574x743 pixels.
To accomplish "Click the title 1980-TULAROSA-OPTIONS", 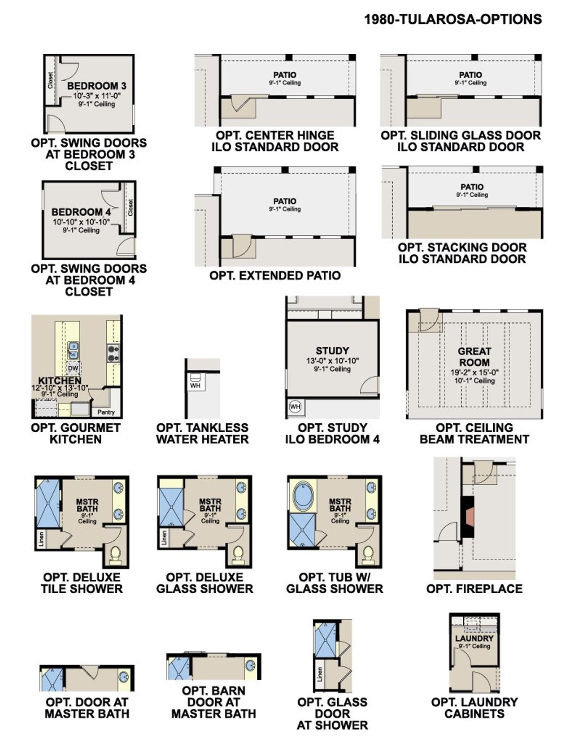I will point(452,19).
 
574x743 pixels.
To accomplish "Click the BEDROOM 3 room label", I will point(97,86).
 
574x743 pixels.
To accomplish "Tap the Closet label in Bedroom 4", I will point(130,207).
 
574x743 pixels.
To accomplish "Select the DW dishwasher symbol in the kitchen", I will point(73,369).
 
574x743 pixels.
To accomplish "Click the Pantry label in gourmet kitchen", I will point(106,412).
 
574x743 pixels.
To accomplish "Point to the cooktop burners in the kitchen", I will point(113,353).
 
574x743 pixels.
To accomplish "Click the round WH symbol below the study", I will point(295,407).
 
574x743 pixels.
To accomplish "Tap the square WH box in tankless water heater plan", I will point(195,385).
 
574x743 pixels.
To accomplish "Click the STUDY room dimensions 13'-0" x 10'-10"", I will point(332,361).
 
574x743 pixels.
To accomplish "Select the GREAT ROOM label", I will point(474,357).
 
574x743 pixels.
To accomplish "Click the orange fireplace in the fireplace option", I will point(469,517).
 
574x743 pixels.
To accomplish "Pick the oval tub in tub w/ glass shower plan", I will point(304,496).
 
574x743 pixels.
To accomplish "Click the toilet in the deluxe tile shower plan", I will point(116,554).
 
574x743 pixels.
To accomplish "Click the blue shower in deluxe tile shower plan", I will point(48,504).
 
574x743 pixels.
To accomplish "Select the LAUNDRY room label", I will point(474,638).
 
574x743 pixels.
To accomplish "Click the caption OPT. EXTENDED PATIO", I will point(275,275).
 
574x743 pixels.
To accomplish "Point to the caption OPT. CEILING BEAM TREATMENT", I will point(474,434).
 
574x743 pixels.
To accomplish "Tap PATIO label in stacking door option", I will point(472,187).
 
